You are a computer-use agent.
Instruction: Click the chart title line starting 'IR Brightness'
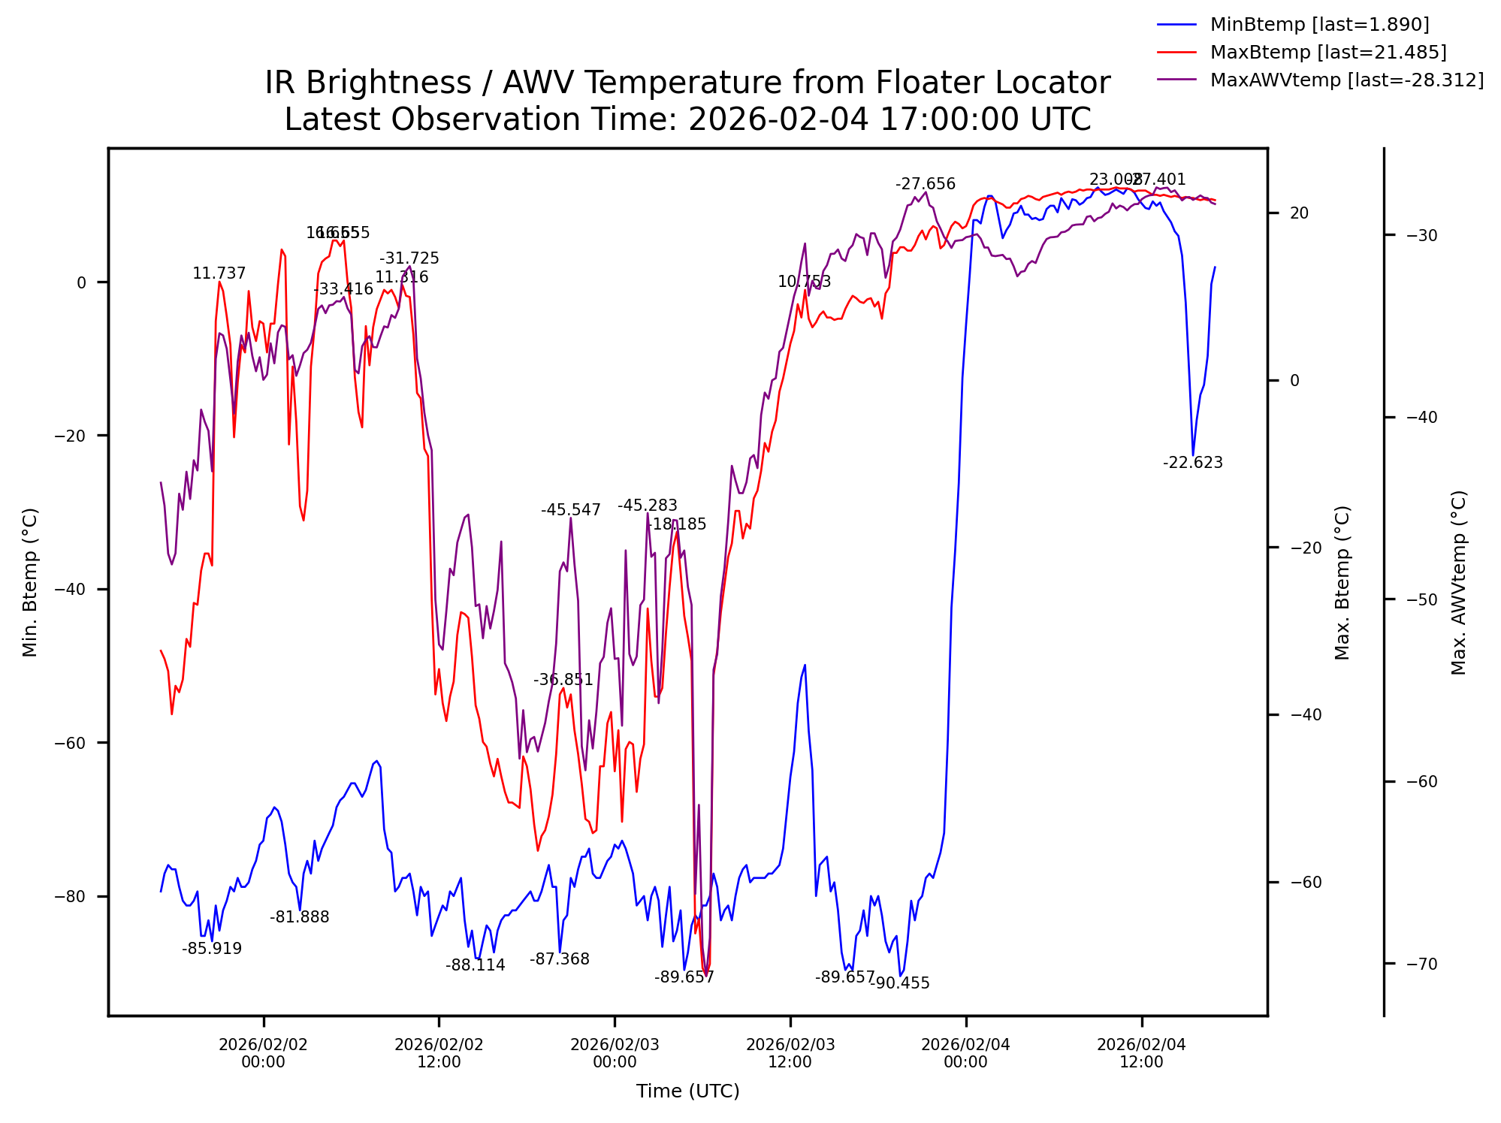click(x=687, y=83)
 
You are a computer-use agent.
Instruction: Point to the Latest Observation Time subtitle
click(x=687, y=120)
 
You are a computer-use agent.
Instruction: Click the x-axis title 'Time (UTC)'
click(x=687, y=1091)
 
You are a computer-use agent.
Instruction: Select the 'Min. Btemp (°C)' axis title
click(x=30, y=582)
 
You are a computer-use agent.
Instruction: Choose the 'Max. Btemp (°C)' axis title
click(x=1342, y=582)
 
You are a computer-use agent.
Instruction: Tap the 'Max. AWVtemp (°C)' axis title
click(x=1458, y=582)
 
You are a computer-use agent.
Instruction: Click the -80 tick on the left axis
click(x=71, y=896)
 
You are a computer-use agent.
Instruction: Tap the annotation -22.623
click(x=1192, y=463)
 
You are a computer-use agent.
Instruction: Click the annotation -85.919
click(x=212, y=949)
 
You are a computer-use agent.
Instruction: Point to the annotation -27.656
click(x=925, y=184)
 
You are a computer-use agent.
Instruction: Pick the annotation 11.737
click(x=219, y=273)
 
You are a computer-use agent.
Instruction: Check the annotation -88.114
click(x=475, y=965)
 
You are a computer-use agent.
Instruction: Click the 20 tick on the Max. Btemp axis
click(x=1299, y=213)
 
